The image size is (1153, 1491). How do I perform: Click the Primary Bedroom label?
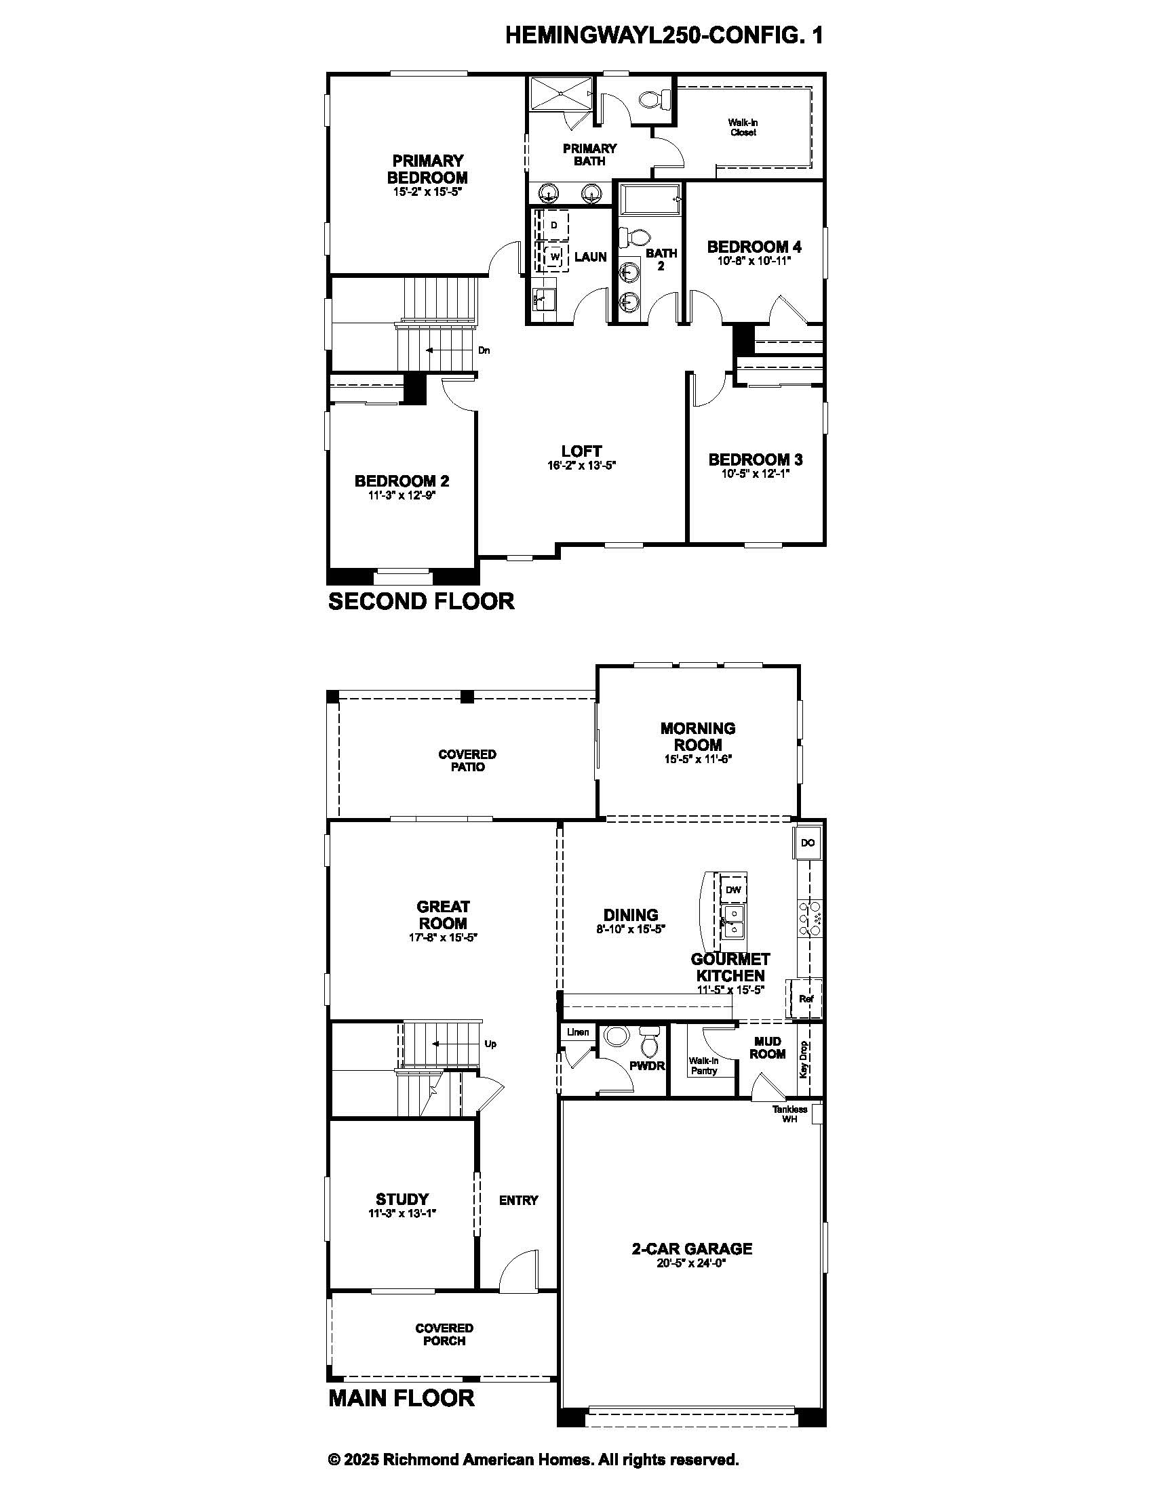427,169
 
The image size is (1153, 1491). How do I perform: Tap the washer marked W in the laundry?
555,257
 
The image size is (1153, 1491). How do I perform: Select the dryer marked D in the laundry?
554,225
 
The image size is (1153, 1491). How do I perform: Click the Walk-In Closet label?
743,127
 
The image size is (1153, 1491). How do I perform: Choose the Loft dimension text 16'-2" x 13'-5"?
581,466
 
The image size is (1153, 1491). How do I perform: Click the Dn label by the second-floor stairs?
484,350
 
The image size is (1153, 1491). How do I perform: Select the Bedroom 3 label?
756,459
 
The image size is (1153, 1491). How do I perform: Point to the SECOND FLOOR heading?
421,600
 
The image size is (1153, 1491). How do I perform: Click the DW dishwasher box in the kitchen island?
733,890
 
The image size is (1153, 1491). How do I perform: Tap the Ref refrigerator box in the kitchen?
806,999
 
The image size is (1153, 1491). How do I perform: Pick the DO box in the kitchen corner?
807,842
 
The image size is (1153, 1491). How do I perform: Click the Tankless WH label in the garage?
789,1114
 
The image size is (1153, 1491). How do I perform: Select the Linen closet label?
578,1032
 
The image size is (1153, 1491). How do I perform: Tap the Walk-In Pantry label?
703,1065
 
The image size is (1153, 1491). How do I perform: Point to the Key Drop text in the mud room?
803,1059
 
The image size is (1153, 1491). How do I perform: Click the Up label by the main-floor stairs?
490,1044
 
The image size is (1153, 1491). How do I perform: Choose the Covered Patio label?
467,760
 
